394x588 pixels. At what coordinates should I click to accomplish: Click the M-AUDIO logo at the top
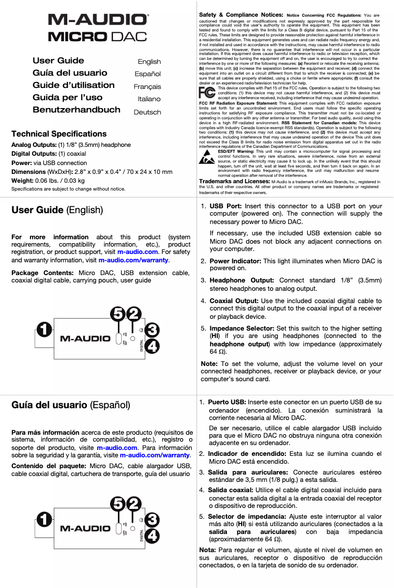point(98,20)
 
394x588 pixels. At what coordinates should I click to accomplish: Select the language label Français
point(147,86)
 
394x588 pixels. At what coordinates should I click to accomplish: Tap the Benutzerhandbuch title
point(76,110)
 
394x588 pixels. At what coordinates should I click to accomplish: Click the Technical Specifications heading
point(59,134)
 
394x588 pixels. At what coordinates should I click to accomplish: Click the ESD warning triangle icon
point(207,158)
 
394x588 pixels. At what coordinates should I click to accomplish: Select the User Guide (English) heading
point(57,210)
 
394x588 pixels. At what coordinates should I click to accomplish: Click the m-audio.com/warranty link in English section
point(133,260)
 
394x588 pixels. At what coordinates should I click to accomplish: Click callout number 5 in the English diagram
point(118,313)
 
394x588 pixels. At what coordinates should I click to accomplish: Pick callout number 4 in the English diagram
point(152,346)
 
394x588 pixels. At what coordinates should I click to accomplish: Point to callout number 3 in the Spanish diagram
point(152,520)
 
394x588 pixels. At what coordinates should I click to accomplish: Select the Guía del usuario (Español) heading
point(71,405)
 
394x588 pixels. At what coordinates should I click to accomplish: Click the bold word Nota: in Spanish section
point(208,550)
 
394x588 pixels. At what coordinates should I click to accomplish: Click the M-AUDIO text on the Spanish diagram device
point(85,529)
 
